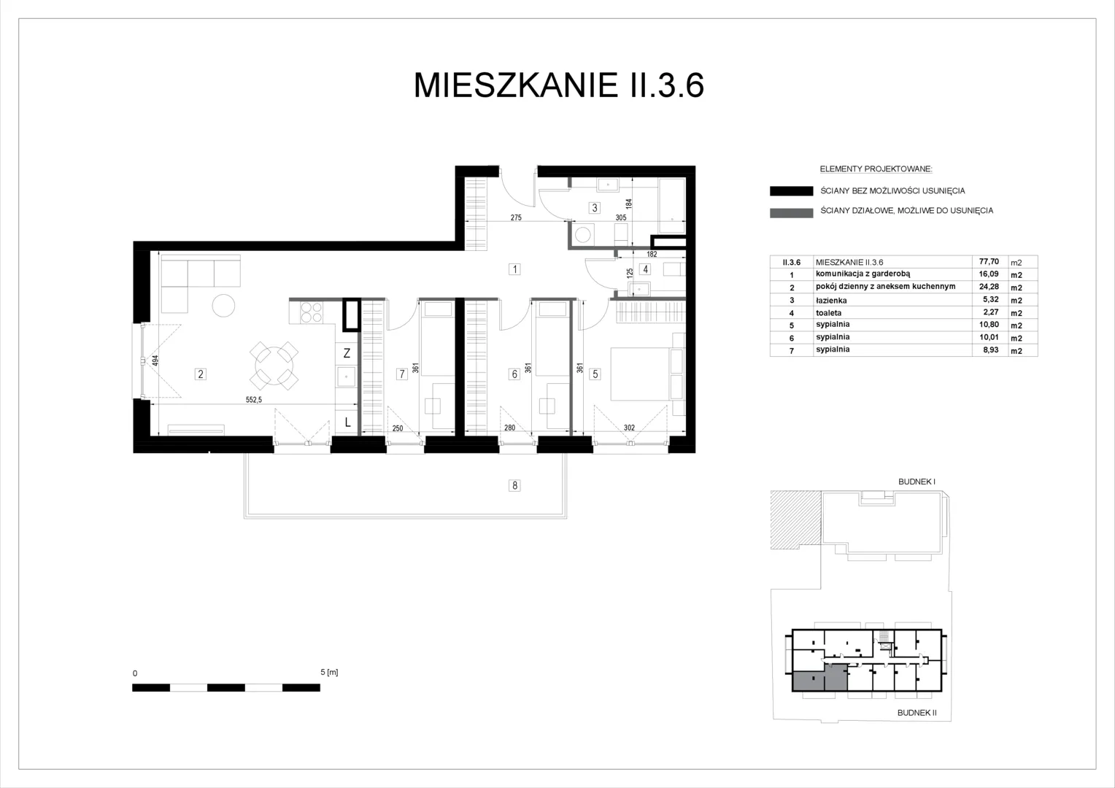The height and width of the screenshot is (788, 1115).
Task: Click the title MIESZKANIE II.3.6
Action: coord(558,85)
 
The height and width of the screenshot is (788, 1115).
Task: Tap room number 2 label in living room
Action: coord(201,374)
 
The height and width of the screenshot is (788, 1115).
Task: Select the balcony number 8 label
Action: coord(514,485)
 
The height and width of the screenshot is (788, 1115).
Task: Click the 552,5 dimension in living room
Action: coord(253,399)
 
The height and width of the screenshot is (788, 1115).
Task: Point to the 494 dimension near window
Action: coord(155,360)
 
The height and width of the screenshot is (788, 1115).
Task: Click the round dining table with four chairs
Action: coord(274,366)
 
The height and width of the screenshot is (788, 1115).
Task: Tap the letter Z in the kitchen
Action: coord(347,353)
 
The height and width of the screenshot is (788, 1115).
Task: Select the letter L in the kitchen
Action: coord(347,422)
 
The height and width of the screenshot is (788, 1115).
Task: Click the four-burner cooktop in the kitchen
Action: coord(312,312)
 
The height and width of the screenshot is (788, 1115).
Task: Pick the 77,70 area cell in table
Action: coord(989,261)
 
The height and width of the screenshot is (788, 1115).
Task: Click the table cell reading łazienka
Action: coord(831,300)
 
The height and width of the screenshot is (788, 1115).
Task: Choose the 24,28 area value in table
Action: coord(989,287)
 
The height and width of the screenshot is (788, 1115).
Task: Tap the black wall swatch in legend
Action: coord(792,190)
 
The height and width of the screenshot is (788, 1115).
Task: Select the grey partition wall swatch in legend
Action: coord(792,213)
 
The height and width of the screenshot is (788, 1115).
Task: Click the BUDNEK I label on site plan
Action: coord(917,482)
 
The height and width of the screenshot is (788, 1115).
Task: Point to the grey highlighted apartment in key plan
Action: coord(819,677)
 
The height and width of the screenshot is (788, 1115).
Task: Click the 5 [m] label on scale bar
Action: coord(329,672)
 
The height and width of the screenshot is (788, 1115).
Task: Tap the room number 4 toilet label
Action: coord(646,269)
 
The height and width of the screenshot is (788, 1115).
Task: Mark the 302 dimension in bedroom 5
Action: coord(629,428)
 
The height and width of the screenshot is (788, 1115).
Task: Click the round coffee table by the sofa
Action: coord(223,306)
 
